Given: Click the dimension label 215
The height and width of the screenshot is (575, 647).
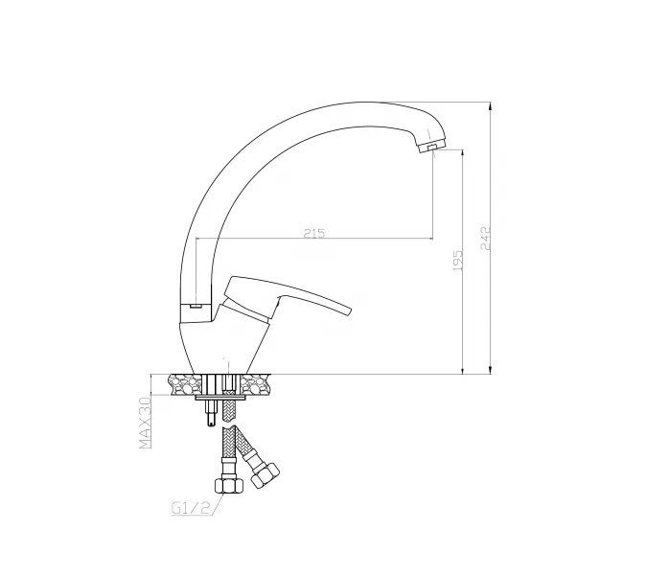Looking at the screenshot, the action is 314,233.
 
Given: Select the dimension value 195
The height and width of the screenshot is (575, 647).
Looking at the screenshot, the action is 458,261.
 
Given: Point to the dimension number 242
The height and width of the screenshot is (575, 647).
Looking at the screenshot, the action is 486,238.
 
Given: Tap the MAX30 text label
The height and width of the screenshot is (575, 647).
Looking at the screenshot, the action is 146,422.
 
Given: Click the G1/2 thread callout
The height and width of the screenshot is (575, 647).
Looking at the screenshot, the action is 191,508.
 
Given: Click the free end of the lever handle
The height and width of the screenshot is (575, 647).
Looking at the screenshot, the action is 349,311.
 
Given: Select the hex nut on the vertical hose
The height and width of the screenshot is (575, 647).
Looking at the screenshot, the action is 229,485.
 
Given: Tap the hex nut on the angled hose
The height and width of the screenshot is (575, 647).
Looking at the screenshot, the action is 265,475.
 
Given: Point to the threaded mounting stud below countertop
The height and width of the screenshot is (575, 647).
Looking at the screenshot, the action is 211,413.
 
